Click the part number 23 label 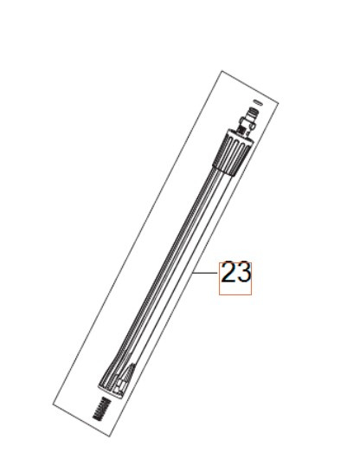(235, 273)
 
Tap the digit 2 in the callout (228, 273)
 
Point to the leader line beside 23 (205, 273)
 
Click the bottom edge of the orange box (235, 295)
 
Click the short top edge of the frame (246, 87)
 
